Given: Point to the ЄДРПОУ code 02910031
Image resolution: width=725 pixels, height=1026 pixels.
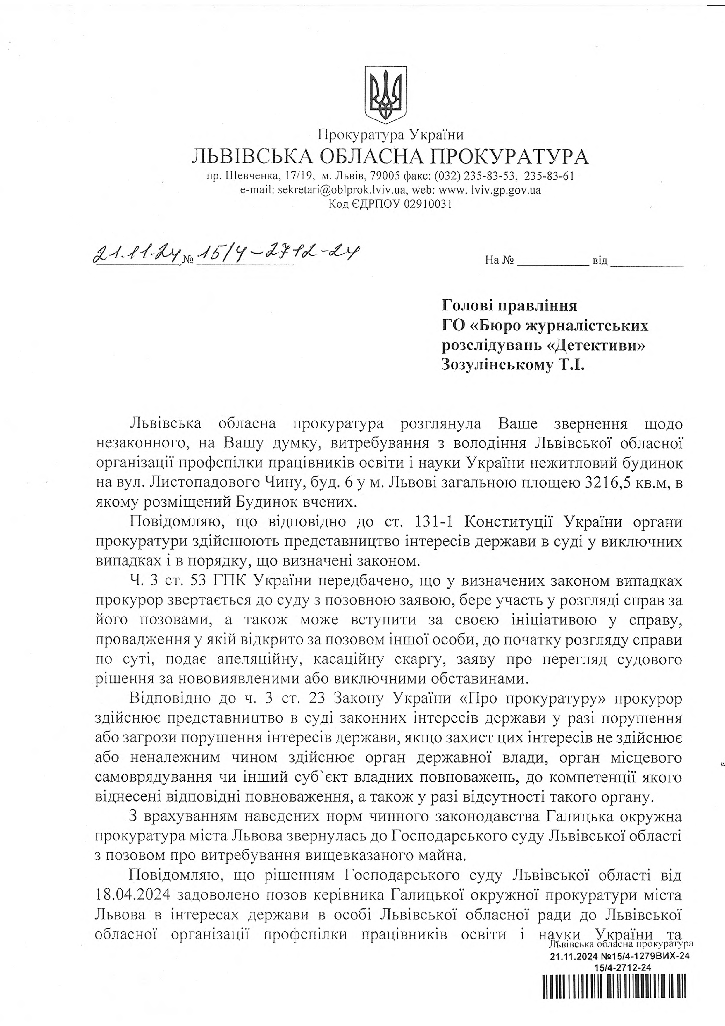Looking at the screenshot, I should tap(428, 204).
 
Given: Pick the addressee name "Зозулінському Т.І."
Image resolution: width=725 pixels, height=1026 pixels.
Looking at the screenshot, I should tap(513, 365).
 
